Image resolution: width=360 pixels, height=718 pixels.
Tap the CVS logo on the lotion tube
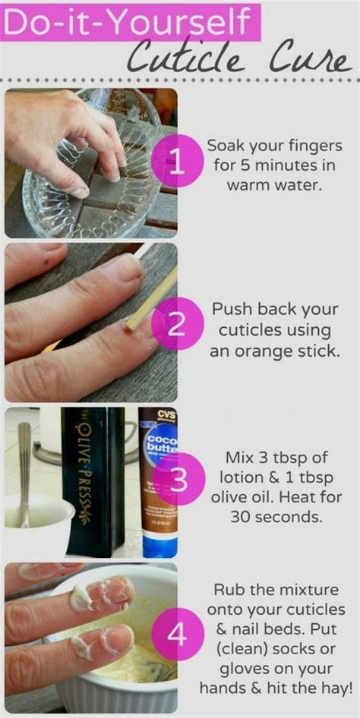(x=158, y=417)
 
